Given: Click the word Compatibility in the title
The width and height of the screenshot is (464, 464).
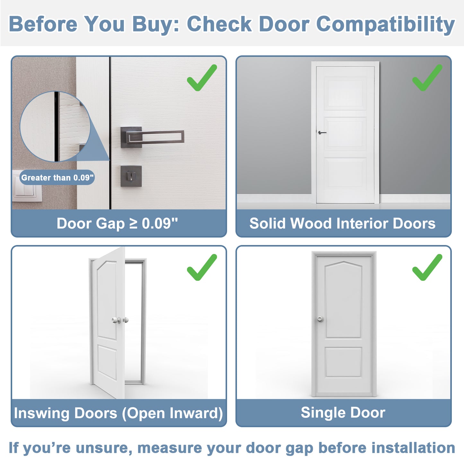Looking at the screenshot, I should (385, 24).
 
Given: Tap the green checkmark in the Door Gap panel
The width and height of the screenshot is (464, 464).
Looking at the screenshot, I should (201, 78).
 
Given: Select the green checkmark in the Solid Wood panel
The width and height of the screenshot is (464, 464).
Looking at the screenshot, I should (427, 78).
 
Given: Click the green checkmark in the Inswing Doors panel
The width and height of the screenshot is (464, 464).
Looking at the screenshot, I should (201, 267).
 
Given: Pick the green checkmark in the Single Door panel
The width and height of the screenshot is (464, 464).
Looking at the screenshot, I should (427, 267).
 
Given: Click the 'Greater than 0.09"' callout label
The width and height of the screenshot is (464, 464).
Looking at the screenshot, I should (57, 178).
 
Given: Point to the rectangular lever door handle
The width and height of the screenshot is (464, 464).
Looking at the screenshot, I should (152, 137).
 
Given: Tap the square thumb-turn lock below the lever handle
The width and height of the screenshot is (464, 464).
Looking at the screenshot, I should (131, 176).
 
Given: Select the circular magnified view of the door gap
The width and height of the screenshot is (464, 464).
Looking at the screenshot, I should (55, 127).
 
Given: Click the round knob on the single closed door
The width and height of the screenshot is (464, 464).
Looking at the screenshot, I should (320, 319).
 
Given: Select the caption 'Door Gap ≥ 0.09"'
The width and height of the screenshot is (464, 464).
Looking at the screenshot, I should (117, 223).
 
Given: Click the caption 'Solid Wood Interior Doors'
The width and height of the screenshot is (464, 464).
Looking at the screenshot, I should (342, 223).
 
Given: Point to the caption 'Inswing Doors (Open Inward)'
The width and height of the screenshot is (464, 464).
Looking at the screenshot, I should (118, 413).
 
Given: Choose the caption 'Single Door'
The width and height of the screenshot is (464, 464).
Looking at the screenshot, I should (343, 413).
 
